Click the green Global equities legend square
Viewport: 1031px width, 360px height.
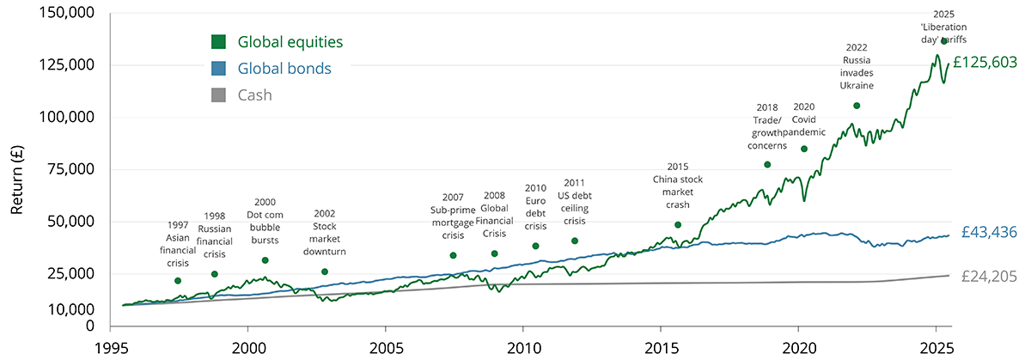[x=219, y=41]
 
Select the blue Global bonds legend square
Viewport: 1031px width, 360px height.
[x=219, y=68]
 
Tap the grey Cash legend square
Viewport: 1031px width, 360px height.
[x=219, y=95]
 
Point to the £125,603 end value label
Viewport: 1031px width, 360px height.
[x=985, y=63]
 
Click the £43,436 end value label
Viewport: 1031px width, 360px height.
[x=989, y=234]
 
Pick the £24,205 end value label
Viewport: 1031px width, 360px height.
[x=989, y=277]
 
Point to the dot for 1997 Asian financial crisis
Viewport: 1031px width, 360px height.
[x=178, y=281]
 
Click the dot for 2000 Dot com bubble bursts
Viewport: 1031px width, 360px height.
[x=265, y=260]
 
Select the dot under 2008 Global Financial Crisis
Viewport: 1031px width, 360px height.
[x=494, y=253]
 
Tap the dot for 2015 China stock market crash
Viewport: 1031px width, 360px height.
[x=678, y=225]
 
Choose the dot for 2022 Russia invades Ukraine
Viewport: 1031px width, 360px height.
[x=857, y=106]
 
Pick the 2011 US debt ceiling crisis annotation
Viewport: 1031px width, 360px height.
[x=575, y=202]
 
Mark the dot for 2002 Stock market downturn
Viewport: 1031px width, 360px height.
[x=325, y=272]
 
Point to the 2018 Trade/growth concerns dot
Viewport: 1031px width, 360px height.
[x=767, y=165]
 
